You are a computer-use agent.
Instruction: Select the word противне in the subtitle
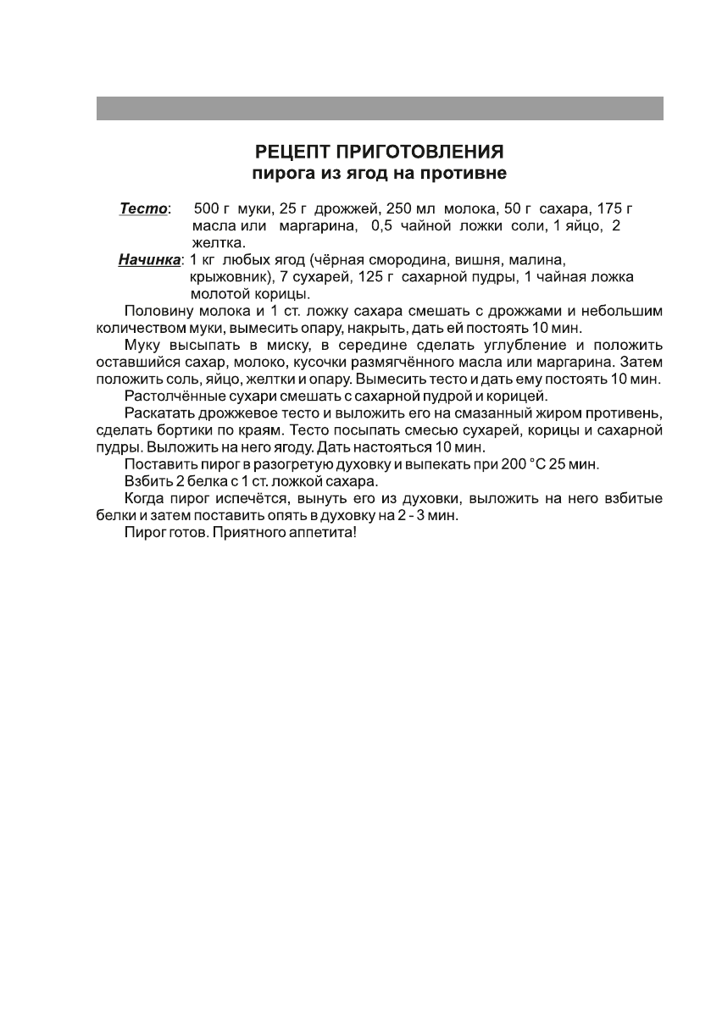465,175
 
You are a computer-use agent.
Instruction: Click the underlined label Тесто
143,208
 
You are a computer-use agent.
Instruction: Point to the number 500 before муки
208,208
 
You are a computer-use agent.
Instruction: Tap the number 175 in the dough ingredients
609,208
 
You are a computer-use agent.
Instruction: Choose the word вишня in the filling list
478,259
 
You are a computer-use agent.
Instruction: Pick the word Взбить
146,482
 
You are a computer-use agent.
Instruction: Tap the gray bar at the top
379,108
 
